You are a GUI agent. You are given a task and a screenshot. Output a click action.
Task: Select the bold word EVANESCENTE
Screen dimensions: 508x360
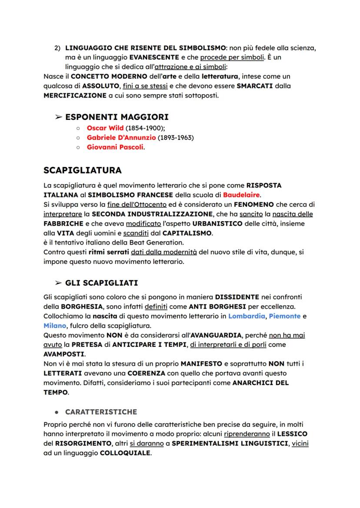pyautogui.click(x=151, y=57)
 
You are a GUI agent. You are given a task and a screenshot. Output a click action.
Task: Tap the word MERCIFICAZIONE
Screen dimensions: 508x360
pyautogui.click(x=74, y=95)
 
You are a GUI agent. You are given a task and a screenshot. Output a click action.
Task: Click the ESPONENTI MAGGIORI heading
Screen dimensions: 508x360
pyautogui.click(x=117, y=117)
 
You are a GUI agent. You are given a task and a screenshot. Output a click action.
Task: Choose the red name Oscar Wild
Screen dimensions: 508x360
pyautogui.click(x=105, y=128)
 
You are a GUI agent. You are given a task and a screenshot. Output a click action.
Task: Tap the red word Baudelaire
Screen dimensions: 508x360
pyautogui.click(x=243, y=194)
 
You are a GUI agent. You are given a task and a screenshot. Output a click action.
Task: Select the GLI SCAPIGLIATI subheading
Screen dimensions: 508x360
pyautogui.click(x=101, y=283)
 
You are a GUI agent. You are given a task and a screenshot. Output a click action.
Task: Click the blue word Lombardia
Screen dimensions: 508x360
pyautogui.click(x=247, y=316)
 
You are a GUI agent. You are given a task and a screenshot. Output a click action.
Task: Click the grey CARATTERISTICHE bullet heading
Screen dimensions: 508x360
pyautogui.click(x=101, y=412)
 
